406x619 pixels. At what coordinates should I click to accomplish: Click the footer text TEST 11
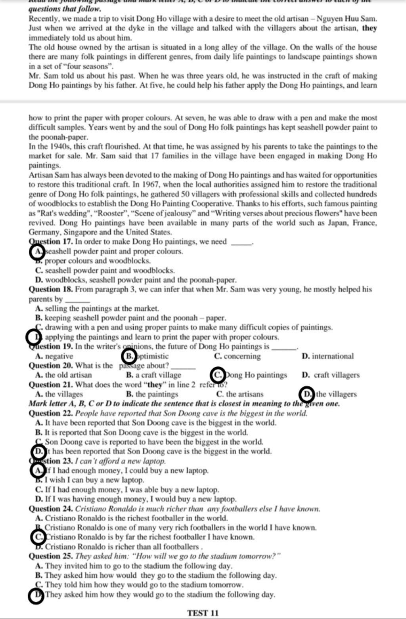203,613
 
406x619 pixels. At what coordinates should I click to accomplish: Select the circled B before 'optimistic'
129,356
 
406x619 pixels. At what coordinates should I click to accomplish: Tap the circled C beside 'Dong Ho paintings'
218,375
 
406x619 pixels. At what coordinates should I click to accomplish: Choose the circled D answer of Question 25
36,595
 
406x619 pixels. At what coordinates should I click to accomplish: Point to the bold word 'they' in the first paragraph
370,28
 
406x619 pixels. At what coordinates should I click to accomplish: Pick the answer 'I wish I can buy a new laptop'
94,480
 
